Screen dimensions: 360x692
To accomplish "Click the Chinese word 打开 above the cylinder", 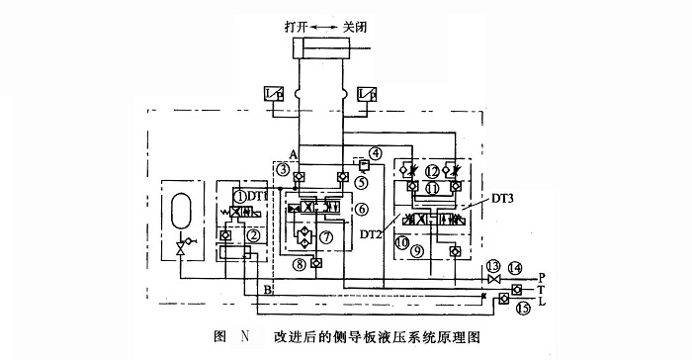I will pos(295,26).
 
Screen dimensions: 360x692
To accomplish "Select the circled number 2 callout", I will pos(254,234).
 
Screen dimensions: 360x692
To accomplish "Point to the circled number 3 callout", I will pos(283,170).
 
